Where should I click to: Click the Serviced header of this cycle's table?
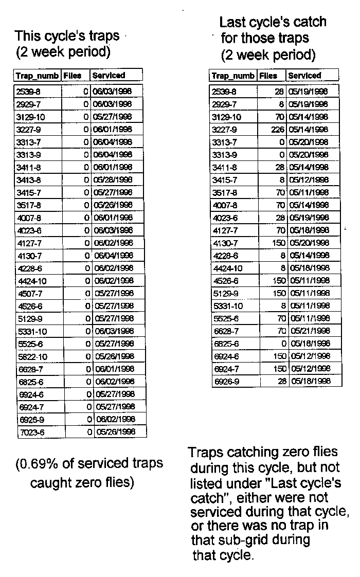(109, 76)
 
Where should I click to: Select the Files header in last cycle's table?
(268, 76)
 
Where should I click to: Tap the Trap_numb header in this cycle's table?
(37, 76)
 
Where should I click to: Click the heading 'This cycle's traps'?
(67, 36)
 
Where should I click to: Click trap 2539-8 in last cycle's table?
(224, 92)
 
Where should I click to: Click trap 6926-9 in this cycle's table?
(31, 420)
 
